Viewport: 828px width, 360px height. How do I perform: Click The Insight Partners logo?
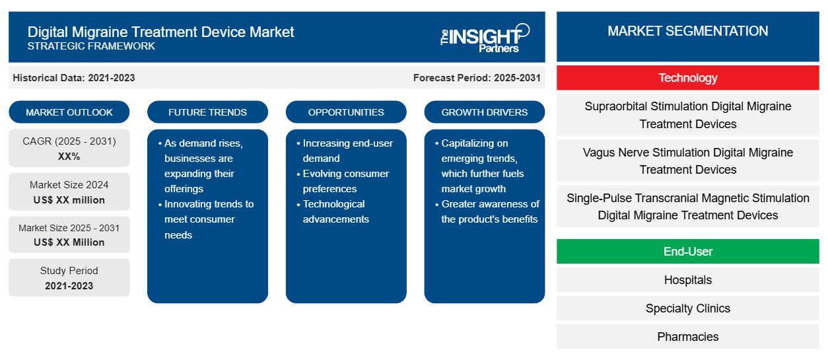tap(485, 38)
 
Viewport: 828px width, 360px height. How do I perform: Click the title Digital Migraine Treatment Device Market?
tap(161, 32)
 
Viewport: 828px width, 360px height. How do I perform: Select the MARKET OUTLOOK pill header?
tap(69, 112)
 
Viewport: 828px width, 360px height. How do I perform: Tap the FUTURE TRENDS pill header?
tap(207, 112)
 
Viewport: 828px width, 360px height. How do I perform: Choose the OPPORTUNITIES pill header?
tap(346, 112)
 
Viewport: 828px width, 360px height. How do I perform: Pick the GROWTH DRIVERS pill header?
tap(484, 112)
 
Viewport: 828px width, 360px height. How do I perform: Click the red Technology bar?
tap(688, 78)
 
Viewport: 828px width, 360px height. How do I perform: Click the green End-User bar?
tap(688, 251)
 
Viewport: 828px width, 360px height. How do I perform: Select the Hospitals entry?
tap(688, 280)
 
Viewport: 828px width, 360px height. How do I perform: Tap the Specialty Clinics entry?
tap(688, 308)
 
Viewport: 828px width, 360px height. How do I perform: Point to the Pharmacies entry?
tap(688, 337)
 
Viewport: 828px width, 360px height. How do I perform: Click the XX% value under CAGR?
tap(69, 157)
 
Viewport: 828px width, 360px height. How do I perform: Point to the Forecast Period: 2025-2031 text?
tap(477, 78)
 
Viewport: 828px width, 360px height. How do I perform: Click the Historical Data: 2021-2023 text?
tap(74, 78)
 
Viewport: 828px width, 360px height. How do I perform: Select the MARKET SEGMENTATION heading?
tap(688, 31)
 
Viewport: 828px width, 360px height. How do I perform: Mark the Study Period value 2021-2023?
tap(69, 286)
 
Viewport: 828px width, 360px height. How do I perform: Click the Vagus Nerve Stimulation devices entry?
tap(688, 161)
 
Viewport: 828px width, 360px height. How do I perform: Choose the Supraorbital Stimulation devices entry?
tap(688, 115)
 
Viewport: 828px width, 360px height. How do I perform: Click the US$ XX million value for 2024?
tap(69, 200)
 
